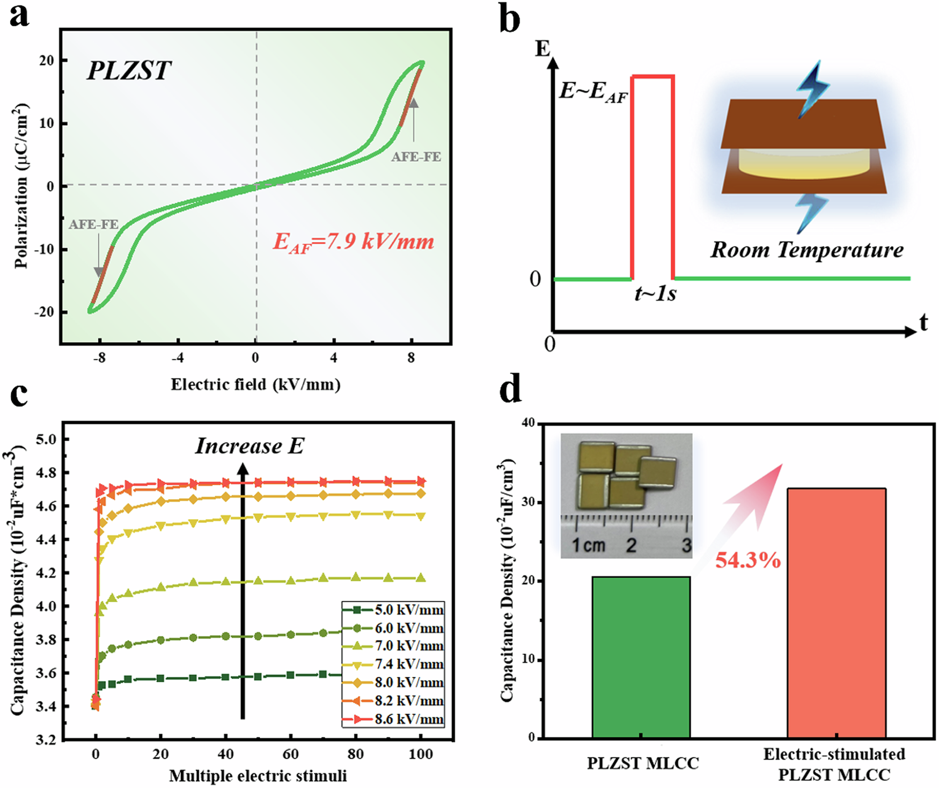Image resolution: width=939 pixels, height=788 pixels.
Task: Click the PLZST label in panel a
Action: pyautogui.click(x=129, y=71)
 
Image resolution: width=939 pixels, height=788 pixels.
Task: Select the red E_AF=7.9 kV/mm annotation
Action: pyautogui.click(x=353, y=242)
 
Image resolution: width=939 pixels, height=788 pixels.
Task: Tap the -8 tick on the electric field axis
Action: pyautogui.click(x=99, y=358)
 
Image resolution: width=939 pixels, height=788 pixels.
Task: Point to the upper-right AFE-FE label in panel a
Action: pyautogui.click(x=416, y=157)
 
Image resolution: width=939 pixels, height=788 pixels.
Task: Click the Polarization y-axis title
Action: pyautogui.click(x=21, y=186)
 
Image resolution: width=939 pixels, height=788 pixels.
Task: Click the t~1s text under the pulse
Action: pyautogui.click(x=655, y=294)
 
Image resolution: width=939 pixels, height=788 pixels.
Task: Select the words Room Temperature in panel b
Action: pyautogui.click(x=806, y=250)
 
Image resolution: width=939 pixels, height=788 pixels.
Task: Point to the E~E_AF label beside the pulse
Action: pyautogui.click(x=593, y=91)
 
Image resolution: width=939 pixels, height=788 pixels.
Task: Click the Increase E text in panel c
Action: pyautogui.click(x=250, y=446)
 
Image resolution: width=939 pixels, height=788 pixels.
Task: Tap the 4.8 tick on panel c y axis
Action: pyautogui.click(x=45, y=473)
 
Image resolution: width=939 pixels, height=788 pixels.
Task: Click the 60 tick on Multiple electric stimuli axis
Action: pyautogui.click(x=290, y=754)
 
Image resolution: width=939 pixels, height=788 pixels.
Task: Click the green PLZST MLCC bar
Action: pyautogui.click(x=641, y=658)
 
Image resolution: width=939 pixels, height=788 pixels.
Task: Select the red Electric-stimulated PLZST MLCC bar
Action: pyautogui.click(x=836, y=613)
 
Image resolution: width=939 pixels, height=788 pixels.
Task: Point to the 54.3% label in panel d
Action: pyautogui.click(x=747, y=560)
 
